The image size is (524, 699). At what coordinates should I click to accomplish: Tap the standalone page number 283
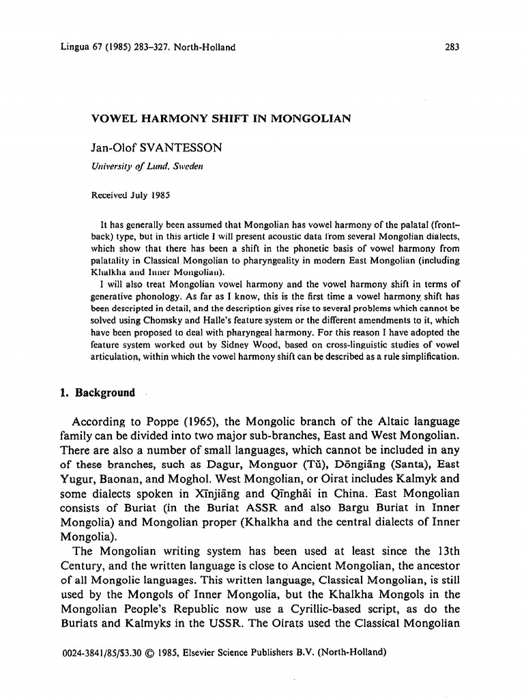451,47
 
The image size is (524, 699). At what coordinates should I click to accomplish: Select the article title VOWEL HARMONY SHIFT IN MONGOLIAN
221,118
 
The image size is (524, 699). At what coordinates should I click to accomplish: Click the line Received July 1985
130,195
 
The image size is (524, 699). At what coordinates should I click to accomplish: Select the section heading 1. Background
98,393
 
